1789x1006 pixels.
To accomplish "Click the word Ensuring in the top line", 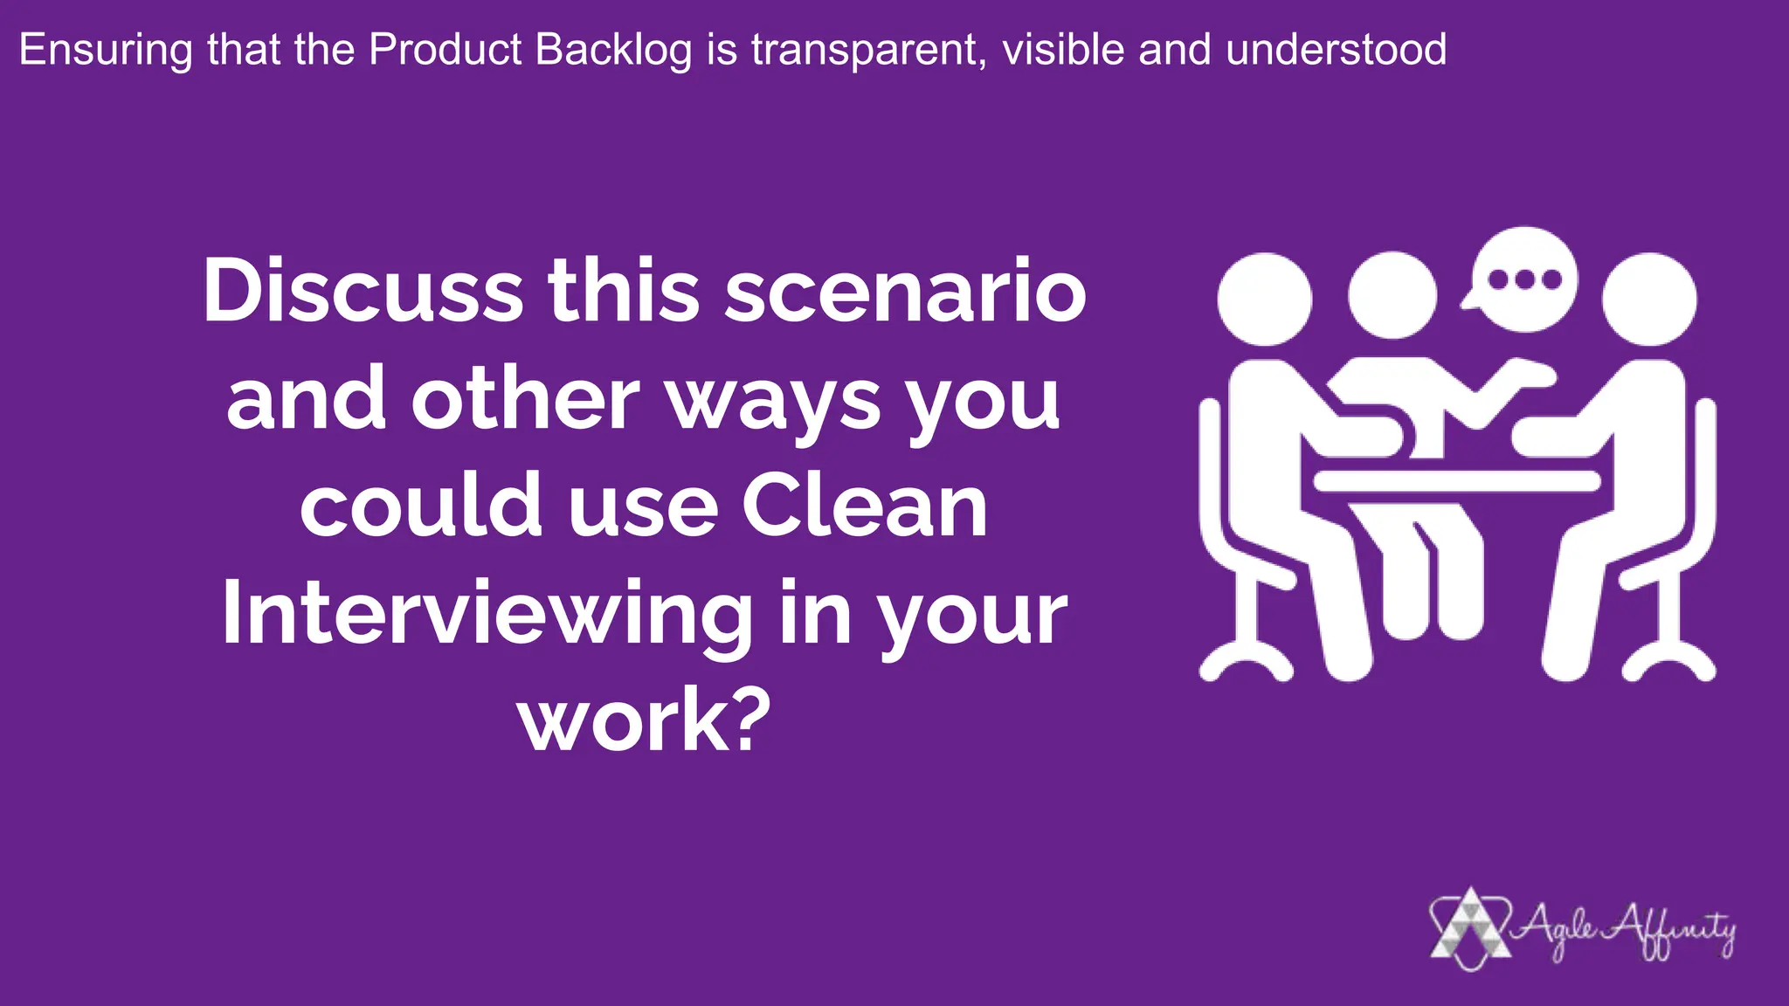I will pyautogui.click(x=105, y=51).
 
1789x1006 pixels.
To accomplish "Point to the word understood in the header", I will pyautogui.click(x=1336, y=51).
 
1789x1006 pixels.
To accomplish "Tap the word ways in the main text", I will pyautogui.click(x=774, y=400).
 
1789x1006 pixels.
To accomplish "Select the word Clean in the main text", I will pyautogui.click(x=865, y=506).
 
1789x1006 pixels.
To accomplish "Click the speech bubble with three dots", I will pyautogui.click(x=1524, y=279).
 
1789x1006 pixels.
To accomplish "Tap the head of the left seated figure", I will pyautogui.click(x=1264, y=299).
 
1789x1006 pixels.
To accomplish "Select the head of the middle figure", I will pyautogui.click(x=1392, y=294).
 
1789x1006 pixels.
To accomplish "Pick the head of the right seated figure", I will pyautogui.click(x=1649, y=299).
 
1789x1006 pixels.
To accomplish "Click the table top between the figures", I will pyautogui.click(x=1457, y=480).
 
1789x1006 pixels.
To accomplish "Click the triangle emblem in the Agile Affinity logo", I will pyautogui.click(x=1471, y=928).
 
